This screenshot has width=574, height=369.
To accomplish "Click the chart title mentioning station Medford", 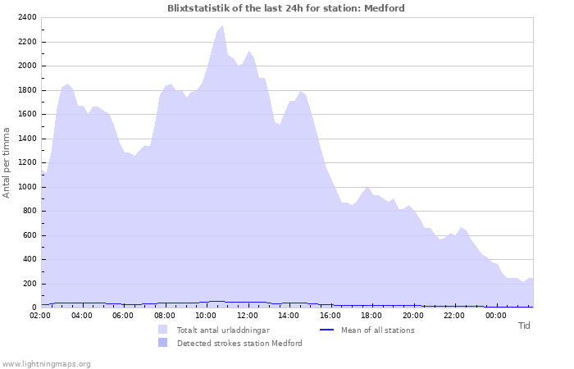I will pyautogui.click(x=285, y=8).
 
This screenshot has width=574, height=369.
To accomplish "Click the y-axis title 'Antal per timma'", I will pyautogui.click(x=7, y=162).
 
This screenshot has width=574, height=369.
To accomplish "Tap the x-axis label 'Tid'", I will pyautogui.click(x=524, y=326).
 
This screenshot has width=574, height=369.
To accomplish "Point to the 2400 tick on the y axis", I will pyautogui.click(x=27, y=17).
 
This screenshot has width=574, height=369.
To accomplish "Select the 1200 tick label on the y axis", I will pyautogui.click(x=27, y=162).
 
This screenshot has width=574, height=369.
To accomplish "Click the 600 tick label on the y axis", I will pyautogui.click(x=30, y=235).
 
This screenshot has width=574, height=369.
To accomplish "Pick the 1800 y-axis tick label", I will pyautogui.click(x=27, y=90).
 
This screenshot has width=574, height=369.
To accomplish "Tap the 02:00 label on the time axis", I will pyautogui.click(x=40, y=315).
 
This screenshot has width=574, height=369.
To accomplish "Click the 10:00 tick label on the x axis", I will pyautogui.click(x=206, y=315).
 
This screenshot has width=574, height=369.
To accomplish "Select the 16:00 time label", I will pyautogui.click(x=330, y=315).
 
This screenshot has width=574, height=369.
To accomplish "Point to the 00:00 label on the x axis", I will pyautogui.click(x=495, y=315).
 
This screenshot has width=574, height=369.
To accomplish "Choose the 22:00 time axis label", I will pyautogui.click(x=454, y=315).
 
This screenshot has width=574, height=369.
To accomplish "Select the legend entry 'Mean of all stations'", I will pyautogui.click(x=377, y=330).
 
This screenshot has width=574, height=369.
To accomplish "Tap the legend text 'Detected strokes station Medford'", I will pyautogui.click(x=239, y=343).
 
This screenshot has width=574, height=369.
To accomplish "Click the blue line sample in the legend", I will pyautogui.click(x=326, y=330).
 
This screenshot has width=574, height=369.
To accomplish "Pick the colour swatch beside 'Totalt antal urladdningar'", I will pyautogui.click(x=162, y=330).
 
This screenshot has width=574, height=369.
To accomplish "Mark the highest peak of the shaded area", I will pyautogui.click(x=222, y=25).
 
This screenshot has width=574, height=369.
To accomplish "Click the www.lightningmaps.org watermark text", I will pyautogui.click(x=46, y=363).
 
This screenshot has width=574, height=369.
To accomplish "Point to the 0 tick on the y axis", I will pyautogui.click(x=34, y=307).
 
